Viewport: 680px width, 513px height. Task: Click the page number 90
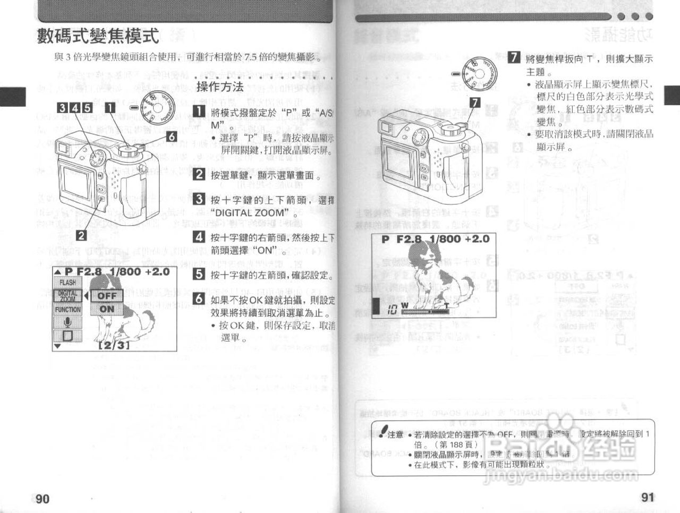click(42, 498)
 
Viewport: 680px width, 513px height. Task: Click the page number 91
click(647, 497)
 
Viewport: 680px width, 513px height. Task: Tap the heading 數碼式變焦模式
click(98, 36)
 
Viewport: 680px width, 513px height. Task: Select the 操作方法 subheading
click(220, 87)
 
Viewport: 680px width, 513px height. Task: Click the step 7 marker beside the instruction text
click(514, 58)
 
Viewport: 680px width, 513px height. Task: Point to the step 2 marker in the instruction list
click(199, 174)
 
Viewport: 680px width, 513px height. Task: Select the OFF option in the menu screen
click(107, 295)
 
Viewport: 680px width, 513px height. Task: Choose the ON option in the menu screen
click(107, 309)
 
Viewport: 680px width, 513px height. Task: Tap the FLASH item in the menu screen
click(67, 283)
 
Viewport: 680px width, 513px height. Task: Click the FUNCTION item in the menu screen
click(67, 309)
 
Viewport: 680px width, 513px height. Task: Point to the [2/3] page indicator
click(114, 345)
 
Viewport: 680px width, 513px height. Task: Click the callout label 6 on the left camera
click(171, 136)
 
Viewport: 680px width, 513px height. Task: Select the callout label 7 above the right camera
click(475, 102)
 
